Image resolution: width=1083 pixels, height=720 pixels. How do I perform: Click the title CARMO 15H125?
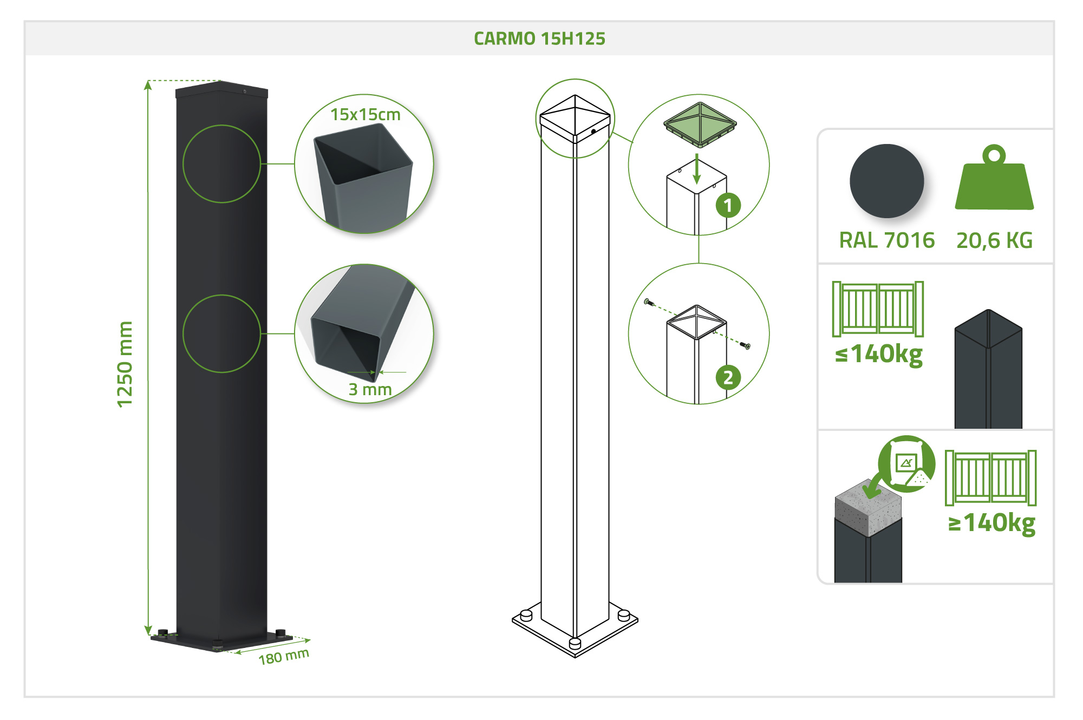[539, 38]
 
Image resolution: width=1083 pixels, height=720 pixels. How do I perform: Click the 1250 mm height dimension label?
[125, 364]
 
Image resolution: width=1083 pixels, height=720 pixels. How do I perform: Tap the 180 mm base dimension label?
[284, 657]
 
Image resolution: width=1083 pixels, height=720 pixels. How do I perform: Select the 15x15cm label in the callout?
[366, 115]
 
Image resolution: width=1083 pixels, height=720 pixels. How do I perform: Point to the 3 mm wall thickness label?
[370, 389]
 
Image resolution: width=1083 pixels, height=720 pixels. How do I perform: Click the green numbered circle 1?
[728, 205]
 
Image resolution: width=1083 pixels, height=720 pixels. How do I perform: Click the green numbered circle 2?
[728, 377]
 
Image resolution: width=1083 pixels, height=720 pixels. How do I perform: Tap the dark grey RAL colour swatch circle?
[886, 181]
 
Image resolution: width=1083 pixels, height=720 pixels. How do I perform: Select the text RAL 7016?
[886, 240]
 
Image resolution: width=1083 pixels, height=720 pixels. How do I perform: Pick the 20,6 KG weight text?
[994, 240]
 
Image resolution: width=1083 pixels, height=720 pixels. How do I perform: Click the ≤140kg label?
[879, 355]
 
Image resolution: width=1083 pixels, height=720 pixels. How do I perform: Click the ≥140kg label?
[991, 523]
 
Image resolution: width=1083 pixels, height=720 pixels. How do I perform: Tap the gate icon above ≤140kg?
[878, 309]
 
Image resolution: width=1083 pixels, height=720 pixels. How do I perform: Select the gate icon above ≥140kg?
[990, 477]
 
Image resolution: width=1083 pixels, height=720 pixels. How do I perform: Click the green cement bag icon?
[906, 463]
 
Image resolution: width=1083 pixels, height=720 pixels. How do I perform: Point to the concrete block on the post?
[868, 508]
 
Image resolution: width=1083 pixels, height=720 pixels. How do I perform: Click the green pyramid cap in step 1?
[700, 125]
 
